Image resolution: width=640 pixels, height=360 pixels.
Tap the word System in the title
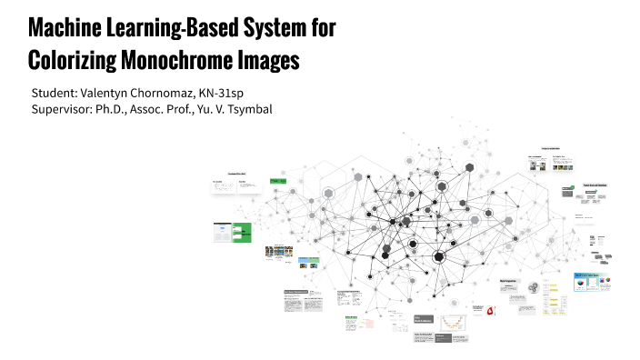point(272,28)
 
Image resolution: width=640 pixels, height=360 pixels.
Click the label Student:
point(56,94)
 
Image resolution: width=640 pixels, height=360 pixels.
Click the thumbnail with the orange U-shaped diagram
point(453,322)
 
